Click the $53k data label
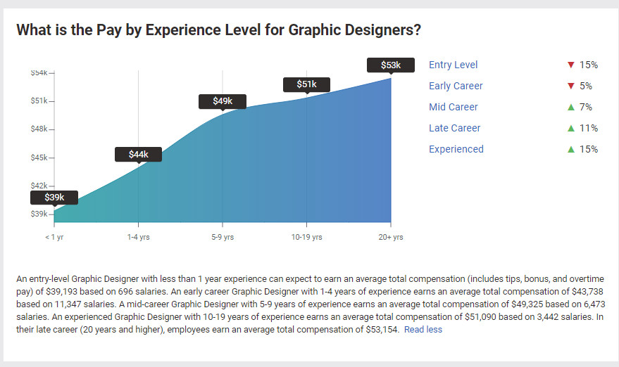click(x=391, y=65)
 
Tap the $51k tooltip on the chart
click(x=306, y=84)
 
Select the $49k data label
click(x=223, y=101)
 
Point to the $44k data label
click(x=138, y=154)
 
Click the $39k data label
click(x=54, y=198)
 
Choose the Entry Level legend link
click(x=453, y=65)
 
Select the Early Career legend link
click(x=456, y=86)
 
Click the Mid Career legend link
click(x=453, y=107)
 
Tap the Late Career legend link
click(x=454, y=128)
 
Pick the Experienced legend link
click(x=456, y=149)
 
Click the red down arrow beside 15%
click(x=571, y=65)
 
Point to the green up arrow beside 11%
click(x=571, y=128)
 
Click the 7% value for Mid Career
click(x=587, y=107)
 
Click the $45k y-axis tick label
click(x=40, y=157)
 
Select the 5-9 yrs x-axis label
click(x=223, y=238)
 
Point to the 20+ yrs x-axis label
click(x=391, y=238)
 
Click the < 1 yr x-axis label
click(x=54, y=238)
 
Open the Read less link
click(x=423, y=329)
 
